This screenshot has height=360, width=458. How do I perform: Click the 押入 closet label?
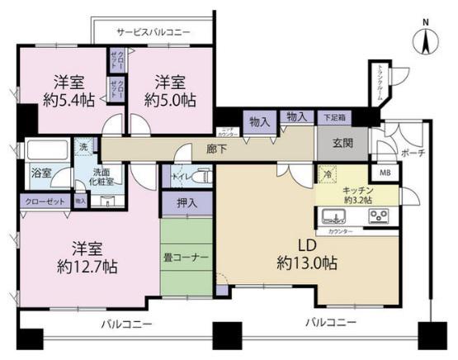(x=187, y=202)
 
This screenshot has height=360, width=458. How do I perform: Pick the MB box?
(x=385, y=173)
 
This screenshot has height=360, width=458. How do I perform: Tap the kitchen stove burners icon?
(x=379, y=217)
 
